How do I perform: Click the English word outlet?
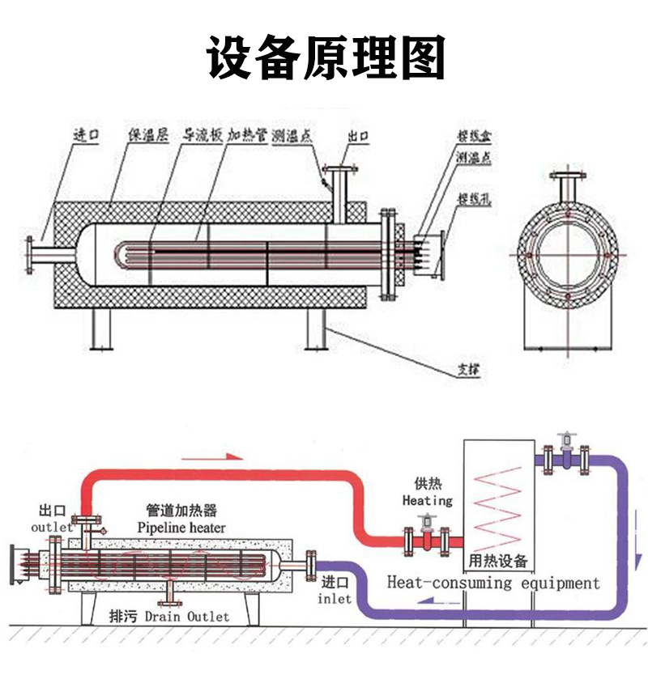[x=52, y=527]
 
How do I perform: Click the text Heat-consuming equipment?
[x=493, y=582]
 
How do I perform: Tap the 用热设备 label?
[x=498, y=560]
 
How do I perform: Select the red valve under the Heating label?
[x=426, y=539]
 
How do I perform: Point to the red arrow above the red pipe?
[x=212, y=457]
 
